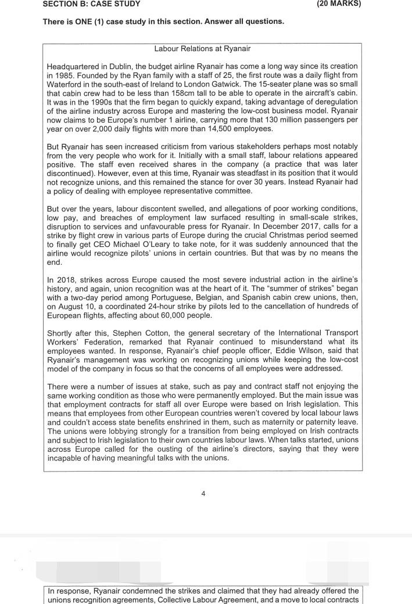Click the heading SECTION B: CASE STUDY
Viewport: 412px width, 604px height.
tap(91, 4)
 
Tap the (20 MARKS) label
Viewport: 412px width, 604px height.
tap(339, 3)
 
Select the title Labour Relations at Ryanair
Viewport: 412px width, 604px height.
tap(202, 49)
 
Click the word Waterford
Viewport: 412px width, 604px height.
tap(66, 85)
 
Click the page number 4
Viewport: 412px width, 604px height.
tap(203, 494)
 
